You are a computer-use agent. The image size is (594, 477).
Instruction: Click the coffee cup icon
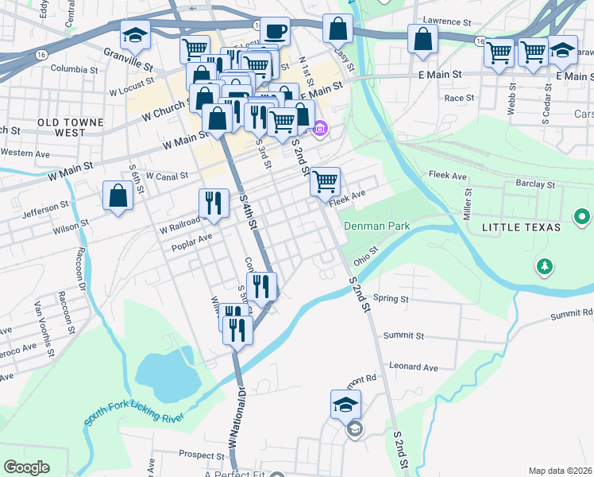pos(276,32)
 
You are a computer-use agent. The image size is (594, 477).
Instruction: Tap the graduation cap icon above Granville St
pos(135,35)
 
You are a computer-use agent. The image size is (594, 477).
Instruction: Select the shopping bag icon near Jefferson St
pos(118,196)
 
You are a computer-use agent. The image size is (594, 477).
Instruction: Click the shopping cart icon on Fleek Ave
pos(326,181)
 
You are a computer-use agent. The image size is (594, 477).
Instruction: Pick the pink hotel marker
pos(320,128)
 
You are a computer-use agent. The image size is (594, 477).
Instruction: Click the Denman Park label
pos(376,227)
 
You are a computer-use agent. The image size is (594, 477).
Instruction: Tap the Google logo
pos(27,467)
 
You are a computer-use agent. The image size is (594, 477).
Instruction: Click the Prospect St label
pos(199,455)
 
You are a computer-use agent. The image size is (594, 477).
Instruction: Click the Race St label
pos(459,98)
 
